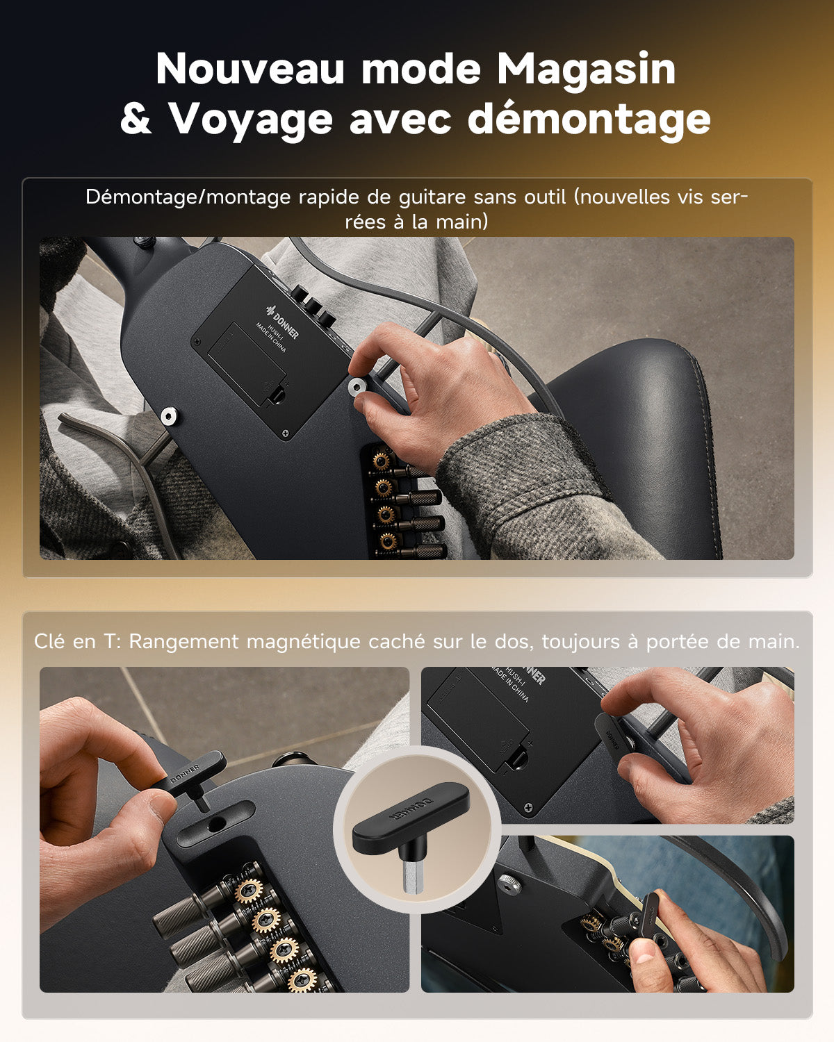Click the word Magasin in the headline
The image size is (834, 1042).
point(586,71)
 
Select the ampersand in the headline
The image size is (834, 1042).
point(135,119)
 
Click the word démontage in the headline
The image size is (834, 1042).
point(589,119)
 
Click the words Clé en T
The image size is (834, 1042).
point(76,641)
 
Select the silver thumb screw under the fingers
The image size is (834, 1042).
point(359,387)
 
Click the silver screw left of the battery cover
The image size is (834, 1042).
point(169,416)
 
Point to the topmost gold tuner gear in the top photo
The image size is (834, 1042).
point(381,460)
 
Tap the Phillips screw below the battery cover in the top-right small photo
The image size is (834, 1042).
point(529,807)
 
